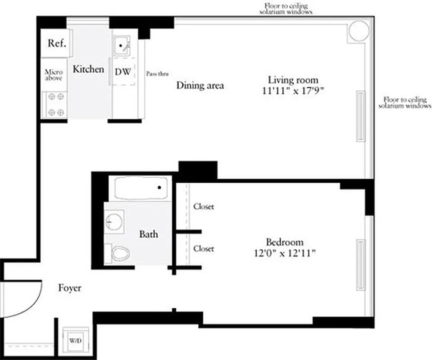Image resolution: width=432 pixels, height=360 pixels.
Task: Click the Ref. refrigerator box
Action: click(x=57, y=44)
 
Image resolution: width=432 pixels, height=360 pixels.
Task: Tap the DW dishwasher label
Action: click(x=123, y=72)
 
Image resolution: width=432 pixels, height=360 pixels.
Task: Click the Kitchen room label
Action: click(x=88, y=69)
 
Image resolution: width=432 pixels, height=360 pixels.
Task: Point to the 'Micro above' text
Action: click(x=54, y=75)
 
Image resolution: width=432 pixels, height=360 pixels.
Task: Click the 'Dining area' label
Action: click(x=200, y=85)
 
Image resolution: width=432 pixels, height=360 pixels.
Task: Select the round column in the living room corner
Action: click(x=359, y=31)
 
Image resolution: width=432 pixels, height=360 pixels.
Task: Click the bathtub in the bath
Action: click(x=141, y=188)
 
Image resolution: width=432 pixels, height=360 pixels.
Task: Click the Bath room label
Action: click(x=149, y=234)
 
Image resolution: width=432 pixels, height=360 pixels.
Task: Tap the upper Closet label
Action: click(x=204, y=207)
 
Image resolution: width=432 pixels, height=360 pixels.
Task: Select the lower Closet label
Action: click(x=204, y=248)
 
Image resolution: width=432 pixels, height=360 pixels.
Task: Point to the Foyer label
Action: click(x=70, y=288)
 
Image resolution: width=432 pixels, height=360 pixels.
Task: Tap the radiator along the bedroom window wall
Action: click(x=361, y=265)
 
